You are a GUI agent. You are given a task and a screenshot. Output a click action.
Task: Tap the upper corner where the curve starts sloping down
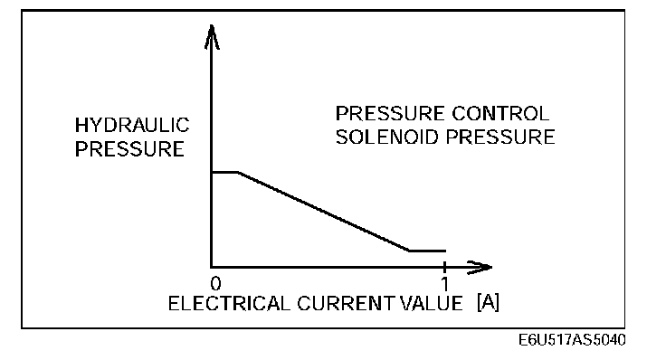[237, 171]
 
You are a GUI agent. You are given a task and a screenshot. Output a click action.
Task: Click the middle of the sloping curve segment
[323, 211]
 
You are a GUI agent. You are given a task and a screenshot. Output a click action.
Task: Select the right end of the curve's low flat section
[445, 251]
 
